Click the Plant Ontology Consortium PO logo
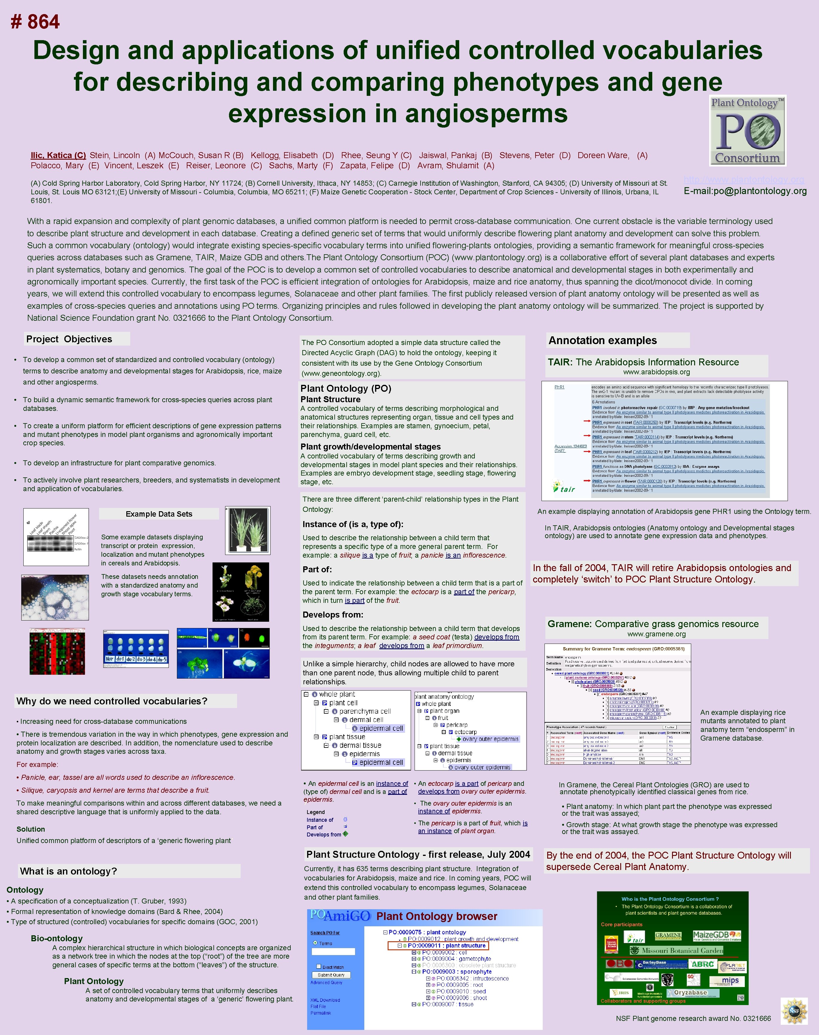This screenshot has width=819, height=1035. [x=747, y=131]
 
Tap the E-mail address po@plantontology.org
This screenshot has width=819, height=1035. [x=745, y=191]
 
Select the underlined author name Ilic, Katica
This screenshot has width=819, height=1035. [x=58, y=155]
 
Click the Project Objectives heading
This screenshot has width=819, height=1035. [x=69, y=339]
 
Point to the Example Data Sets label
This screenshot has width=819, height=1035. [x=159, y=514]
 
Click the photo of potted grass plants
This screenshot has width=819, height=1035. [x=248, y=530]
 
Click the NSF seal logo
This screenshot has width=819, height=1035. [x=794, y=1010]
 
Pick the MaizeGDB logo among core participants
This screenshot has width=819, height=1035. [x=716, y=936]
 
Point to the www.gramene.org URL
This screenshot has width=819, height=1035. [x=656, y=634]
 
